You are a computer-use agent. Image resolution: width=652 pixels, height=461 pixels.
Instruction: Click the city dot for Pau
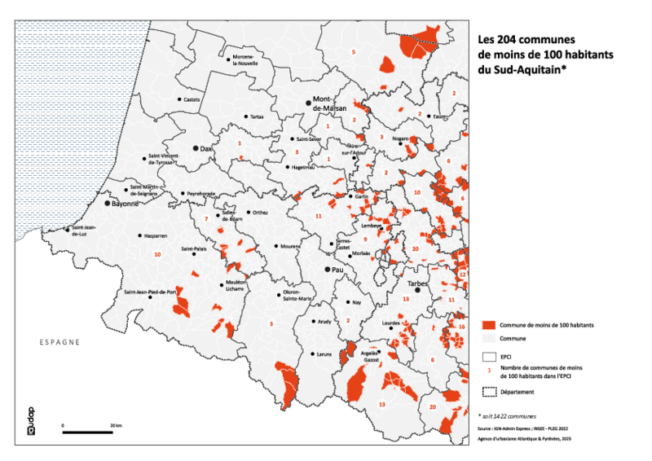coord(327,269)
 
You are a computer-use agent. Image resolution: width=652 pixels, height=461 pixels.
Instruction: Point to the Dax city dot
coord(196,148)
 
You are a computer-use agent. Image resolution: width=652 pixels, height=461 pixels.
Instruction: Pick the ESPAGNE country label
coord(59,342)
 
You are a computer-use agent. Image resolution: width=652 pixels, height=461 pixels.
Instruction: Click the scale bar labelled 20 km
coord(88,431)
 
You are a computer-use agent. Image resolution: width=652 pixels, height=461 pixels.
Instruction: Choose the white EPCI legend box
coord(489,356)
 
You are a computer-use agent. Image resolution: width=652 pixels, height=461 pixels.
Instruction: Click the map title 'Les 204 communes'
coord(525,39)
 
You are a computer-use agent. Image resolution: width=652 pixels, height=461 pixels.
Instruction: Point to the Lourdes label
coord(391,323)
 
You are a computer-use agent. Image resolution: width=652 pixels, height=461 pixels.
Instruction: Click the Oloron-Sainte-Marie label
coord(297,296)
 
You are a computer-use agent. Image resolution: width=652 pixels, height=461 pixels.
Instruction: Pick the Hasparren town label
coord(155,235)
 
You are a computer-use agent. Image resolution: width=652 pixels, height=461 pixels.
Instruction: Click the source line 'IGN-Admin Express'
coord(522,428)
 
